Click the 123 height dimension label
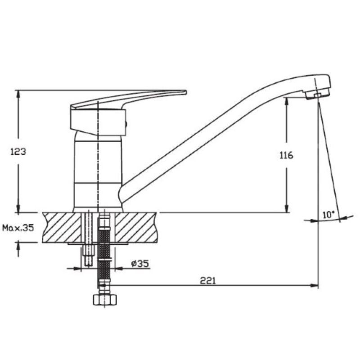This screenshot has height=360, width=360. click(x=18, y=152)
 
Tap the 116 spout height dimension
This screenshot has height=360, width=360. click(x=286, y=155)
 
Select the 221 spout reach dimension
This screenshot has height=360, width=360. click(x=208, y=280)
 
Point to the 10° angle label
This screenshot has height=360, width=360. click(x=328, y=215)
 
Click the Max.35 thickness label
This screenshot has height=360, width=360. click(x=18, y=228)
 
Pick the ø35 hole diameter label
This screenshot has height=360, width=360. click(x=140, y=263)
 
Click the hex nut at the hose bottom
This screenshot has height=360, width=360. click(x=105, y=300)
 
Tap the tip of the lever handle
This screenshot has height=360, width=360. click(x=186, y=92)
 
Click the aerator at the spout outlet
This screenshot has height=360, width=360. click(x=318, y=94)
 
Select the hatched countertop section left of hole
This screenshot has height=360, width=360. click(x=62, y=227)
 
